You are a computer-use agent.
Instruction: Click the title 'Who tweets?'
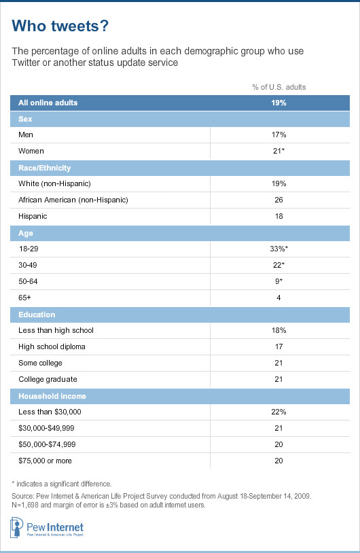pos(60,26)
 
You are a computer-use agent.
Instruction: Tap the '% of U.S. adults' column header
pos(279,87)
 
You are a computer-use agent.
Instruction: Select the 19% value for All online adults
pos(279,103)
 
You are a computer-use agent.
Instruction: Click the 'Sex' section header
pos(25,119)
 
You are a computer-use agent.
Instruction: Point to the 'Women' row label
pos(31,151)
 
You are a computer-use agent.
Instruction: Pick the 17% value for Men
pos(279,135)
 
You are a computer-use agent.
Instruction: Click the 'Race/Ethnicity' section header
pos(44,168)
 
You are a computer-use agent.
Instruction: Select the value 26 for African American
pos(279,200)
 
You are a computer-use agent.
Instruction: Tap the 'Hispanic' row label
pos(33,216)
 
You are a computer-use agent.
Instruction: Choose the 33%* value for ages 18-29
pos(279,249)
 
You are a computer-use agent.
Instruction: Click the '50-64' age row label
pos(28,281)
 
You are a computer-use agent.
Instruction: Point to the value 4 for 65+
pos(278,298)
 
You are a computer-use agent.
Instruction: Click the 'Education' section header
pos(37,315)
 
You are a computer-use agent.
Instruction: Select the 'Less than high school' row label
pos(56,330)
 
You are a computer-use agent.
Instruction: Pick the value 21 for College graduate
pos(278,379)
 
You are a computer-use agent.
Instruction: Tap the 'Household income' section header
pos(52,396)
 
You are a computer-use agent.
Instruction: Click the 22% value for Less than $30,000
pos(279,412)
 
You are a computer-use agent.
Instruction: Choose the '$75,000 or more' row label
pos(45,461)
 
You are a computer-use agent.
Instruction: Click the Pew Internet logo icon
pos(16,528)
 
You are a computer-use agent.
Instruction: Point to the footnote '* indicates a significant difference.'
pos(62,484)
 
